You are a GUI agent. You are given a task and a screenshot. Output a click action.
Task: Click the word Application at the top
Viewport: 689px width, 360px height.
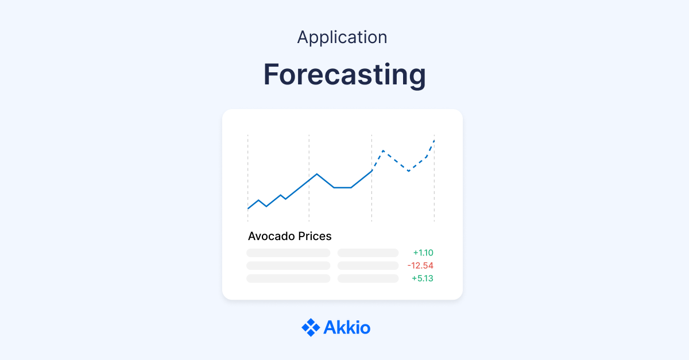(x=342, y=37)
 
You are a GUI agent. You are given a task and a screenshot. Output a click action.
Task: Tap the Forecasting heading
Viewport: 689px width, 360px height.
(x=344, y=75)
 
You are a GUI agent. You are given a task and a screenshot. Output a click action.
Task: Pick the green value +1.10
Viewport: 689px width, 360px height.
(x=423, y=253)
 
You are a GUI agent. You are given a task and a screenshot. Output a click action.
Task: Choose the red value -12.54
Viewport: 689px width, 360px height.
(x=420, y=265)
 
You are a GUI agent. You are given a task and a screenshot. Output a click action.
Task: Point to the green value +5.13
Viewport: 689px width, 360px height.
(x=423, y=278)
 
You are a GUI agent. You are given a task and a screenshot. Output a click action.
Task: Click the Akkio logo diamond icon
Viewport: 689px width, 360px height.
(x=311, y=327)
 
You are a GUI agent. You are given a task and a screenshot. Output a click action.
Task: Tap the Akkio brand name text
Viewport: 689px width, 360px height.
(x=347, y=328)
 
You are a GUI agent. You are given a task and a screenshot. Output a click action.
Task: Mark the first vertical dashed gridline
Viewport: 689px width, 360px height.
(x=248, y=172)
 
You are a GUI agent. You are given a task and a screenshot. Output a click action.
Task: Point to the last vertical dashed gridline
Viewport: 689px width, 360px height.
(x=434, y=189)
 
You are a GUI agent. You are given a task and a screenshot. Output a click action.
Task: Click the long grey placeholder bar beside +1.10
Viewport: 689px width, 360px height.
(x=288, y=253)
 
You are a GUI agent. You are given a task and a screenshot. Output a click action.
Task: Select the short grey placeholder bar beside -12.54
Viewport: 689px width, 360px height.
(x=368, y=266)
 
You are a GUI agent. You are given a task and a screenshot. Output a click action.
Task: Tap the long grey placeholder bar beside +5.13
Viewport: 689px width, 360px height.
(x=288, y=278)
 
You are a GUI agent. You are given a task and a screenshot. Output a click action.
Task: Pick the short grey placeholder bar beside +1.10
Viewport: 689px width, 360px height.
(x=368, y=253)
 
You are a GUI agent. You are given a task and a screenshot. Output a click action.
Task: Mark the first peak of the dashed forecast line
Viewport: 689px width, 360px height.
(x=383, y=151)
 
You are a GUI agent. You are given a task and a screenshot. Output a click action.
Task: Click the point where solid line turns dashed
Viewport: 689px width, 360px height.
(x=372, y=171)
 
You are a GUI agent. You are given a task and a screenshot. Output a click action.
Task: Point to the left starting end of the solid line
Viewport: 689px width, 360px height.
(x=248, y=208)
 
